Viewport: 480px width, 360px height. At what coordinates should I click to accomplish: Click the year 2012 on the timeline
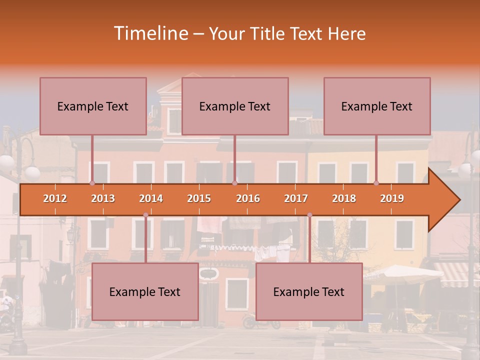[x=55, y=198]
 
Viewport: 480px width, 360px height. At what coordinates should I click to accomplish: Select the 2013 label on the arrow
[x=103, y=198]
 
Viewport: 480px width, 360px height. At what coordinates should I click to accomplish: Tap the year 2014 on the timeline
[x=151, y=198]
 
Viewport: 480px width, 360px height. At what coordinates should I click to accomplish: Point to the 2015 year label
[x=199, y=198]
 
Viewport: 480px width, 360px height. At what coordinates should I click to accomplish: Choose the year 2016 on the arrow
[x=248, y=198]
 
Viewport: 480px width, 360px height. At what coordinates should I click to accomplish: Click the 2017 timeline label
[x=296, y=198]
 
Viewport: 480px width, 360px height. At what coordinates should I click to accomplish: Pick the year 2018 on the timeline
[x=344, y=198]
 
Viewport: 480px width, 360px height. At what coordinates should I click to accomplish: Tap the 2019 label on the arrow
[x=392, y=198]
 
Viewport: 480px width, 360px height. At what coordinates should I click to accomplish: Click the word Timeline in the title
[x=150, y=33]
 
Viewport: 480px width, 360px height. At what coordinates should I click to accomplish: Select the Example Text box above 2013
[x=93, y=106]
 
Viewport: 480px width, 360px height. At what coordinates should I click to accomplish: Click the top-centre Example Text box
[x=235, y=106]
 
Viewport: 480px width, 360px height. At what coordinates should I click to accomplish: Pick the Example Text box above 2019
[x=377, y=106]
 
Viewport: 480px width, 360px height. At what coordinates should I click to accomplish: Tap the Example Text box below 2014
[x=145, y=291]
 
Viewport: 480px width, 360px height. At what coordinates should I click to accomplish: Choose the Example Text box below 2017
[x=309, y=291]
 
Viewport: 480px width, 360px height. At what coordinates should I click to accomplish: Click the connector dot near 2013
[x=92, y=183]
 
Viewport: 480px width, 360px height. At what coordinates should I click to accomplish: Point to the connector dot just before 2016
[x=234, y=183]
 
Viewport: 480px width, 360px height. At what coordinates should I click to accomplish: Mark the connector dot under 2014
[x=145, y=215]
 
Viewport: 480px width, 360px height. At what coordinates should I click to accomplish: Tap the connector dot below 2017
[x=309, y=215]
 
